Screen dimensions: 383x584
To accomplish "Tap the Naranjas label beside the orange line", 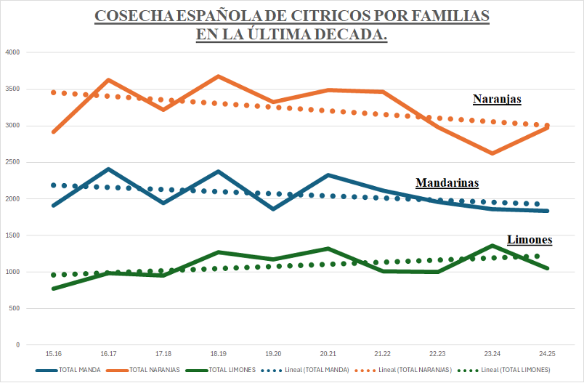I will (497, 99).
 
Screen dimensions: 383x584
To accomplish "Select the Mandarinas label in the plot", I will (447, 182).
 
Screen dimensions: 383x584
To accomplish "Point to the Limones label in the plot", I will (529, 239).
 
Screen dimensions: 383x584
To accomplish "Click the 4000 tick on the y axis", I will (12, 52).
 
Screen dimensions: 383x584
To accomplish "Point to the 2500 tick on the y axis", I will (12, 162).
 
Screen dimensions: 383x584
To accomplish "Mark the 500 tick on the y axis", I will (14, 308).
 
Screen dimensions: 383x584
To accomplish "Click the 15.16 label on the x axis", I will (54, 353).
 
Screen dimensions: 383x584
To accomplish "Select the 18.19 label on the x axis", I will (218, 353).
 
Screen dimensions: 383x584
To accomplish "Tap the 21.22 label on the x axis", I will (382, 353).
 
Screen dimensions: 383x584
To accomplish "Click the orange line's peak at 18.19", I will (218, 76).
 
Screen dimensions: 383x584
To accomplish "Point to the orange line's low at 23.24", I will (492, 153).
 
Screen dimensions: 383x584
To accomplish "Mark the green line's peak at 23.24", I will (492, 245).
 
